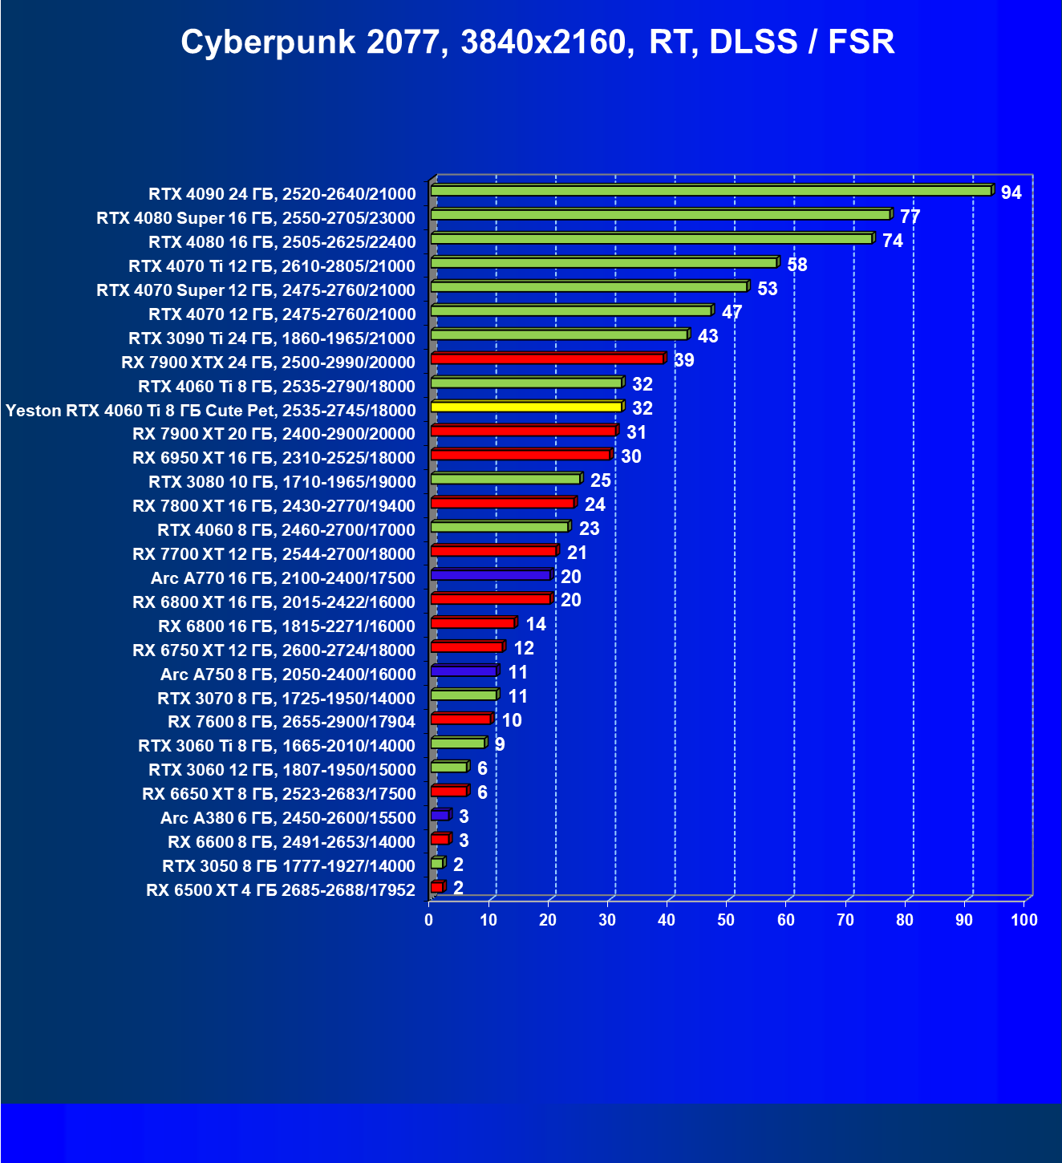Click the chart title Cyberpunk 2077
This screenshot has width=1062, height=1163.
pos(537,42)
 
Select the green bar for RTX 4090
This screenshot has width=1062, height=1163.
pos(711,191)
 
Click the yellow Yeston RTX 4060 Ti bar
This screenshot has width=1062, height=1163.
pos(525,407)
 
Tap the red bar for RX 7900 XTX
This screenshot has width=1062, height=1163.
pos(547,359)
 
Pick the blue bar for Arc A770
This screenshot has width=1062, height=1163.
pos(490,575)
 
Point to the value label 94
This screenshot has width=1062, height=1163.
pos(1011,192)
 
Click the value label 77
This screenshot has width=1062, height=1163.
pos(910,217)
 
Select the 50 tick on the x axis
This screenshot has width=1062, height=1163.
pos(726,920)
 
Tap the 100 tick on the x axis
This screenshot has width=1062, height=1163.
pos(1023,920)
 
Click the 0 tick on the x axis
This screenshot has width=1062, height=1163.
pos(429,920)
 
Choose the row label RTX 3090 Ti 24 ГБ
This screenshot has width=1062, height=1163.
pos(272,338)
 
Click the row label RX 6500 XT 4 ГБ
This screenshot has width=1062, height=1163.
pos(281,890)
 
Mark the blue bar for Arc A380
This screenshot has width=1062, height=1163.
pos(440,815)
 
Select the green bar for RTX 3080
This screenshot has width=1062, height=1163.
pos(505,479)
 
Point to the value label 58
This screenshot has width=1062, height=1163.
pos(796,265)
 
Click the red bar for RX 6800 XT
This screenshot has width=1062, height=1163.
pos(490,599)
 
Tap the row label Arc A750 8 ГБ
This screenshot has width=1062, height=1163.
pos(288,675)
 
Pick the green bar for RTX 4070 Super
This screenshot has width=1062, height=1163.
pos(588,286)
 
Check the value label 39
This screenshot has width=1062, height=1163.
pos(684,360)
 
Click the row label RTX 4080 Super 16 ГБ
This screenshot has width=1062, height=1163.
pos(256,218)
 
